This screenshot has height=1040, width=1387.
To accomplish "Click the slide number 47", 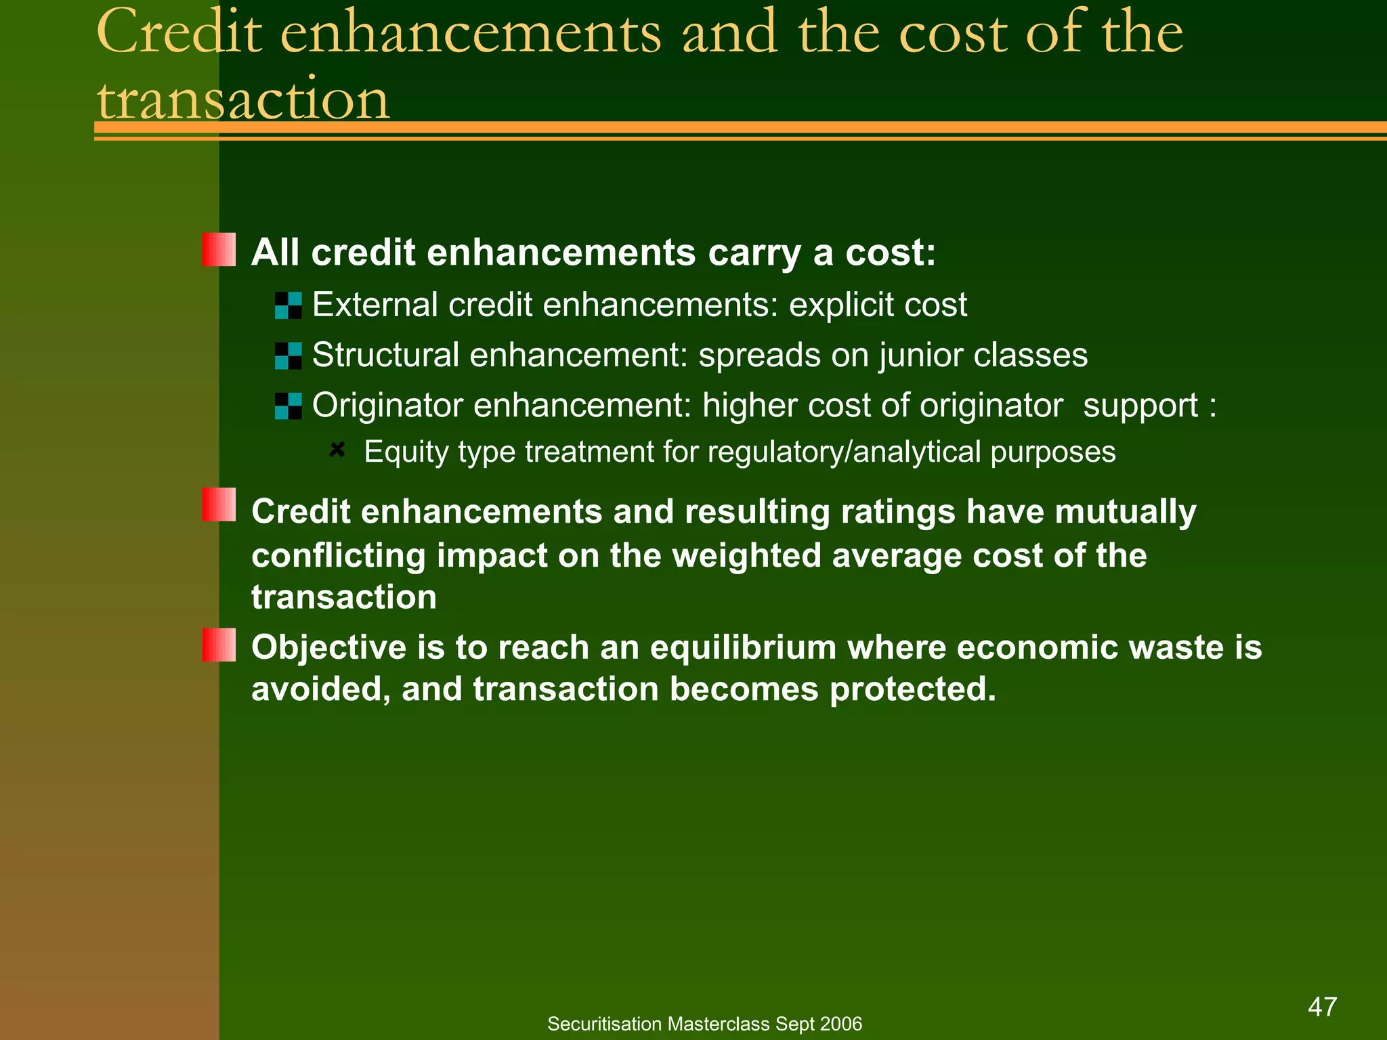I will [x=1322, y=1007].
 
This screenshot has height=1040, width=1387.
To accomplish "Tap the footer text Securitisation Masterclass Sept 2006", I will [x=704, y=1024].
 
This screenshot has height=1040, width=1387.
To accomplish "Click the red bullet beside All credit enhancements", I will [x=219, y=250].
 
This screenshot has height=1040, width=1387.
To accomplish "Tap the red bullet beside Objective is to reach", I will [x=219, y=645].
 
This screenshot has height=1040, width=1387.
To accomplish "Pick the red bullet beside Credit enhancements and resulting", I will [x=219, y=505].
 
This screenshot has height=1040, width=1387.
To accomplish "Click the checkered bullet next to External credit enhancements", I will [x=289, y=305].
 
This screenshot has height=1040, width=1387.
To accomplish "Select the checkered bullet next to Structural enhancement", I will [x=289, y=355].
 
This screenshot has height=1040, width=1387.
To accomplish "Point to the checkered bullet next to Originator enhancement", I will [x=289, y=406].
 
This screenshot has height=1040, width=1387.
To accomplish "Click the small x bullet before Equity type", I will [x=337, y=450].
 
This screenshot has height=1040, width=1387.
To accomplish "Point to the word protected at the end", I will [x=912, y=690].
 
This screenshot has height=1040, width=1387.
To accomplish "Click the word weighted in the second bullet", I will [x=746, y=556].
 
